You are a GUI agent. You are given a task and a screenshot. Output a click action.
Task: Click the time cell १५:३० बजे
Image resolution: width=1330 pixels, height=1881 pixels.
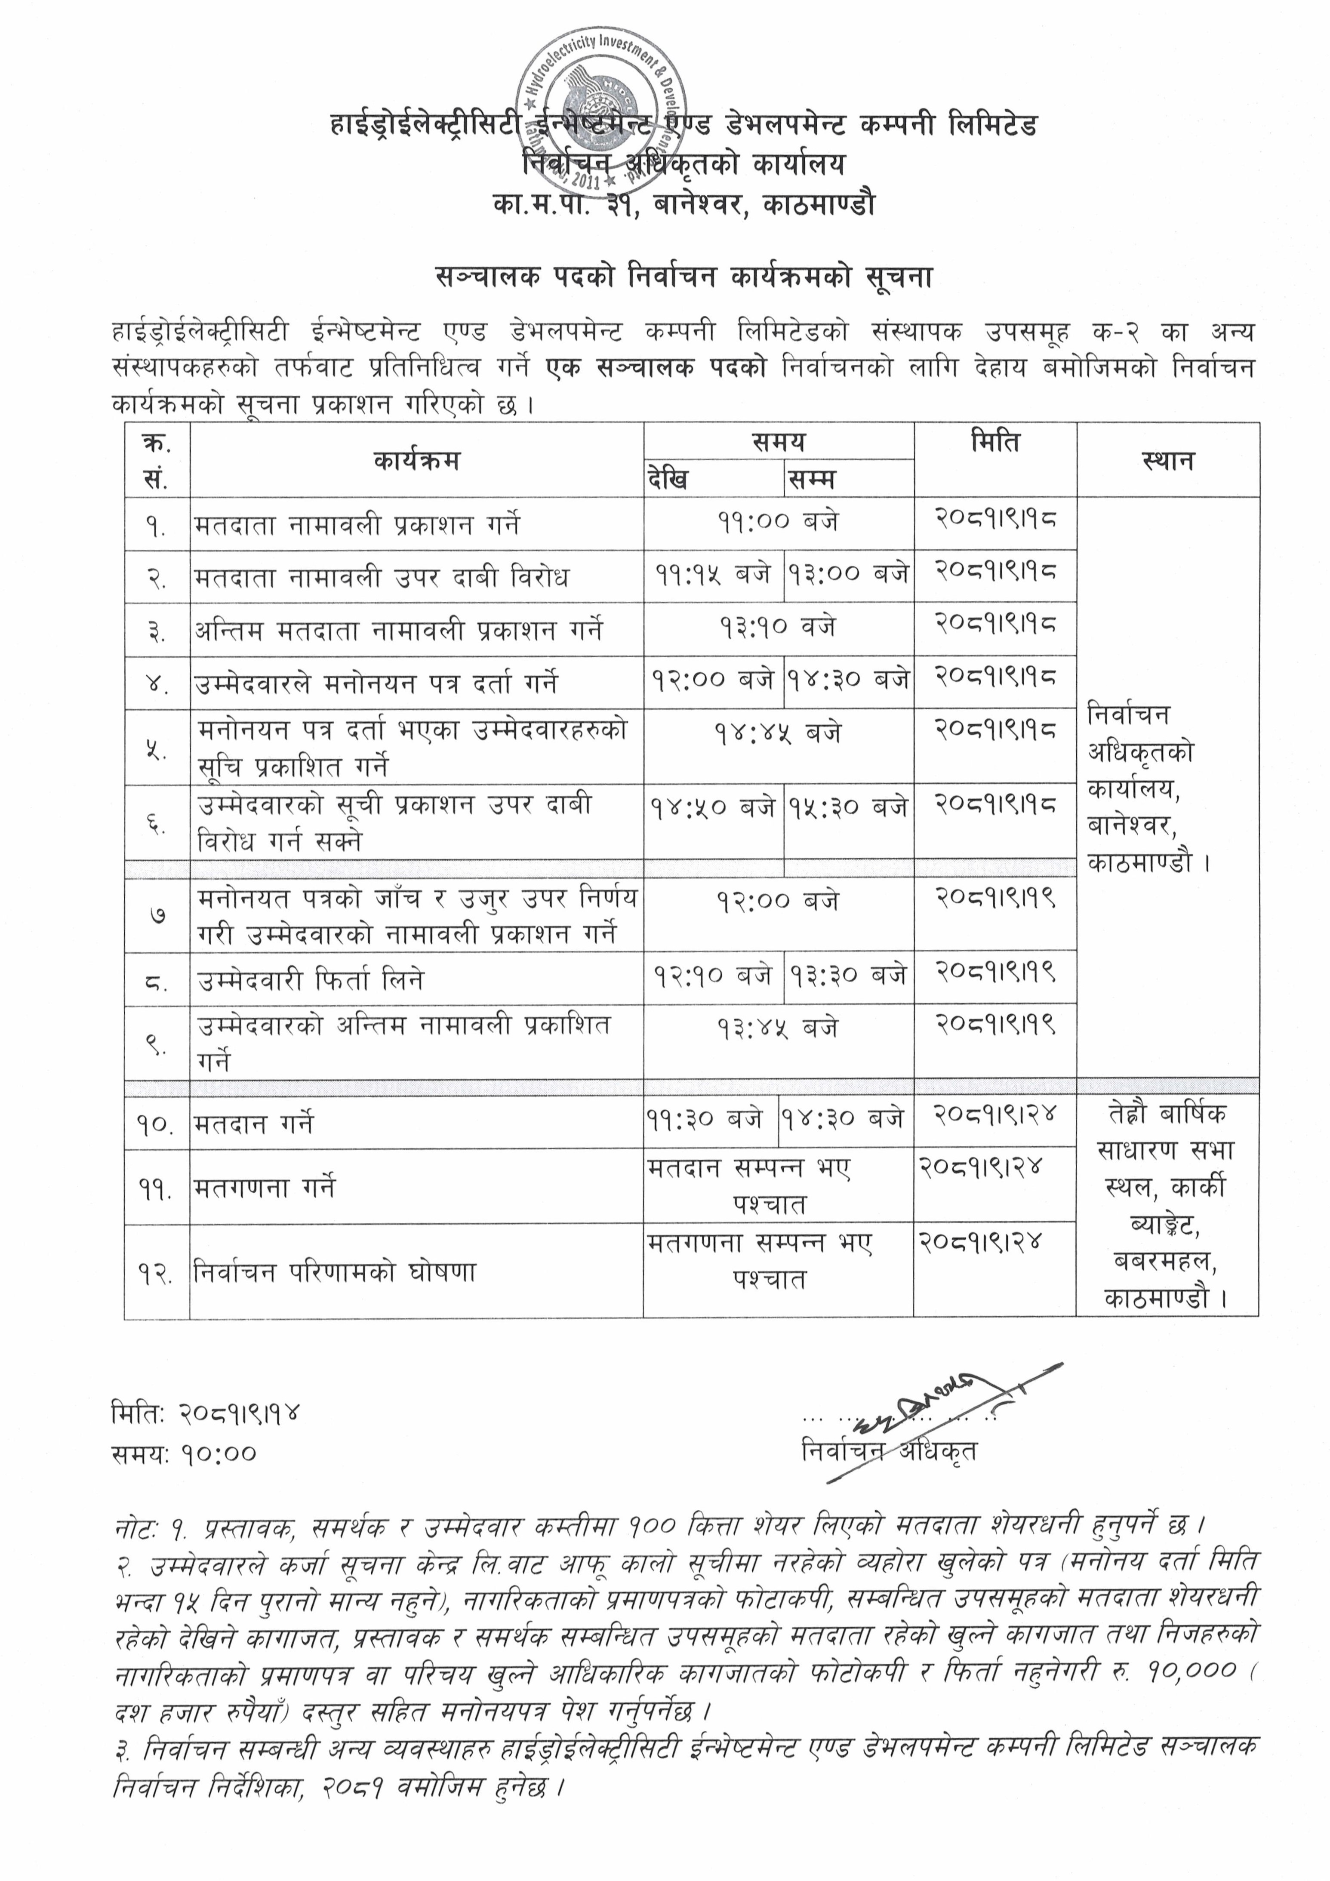point(848,807)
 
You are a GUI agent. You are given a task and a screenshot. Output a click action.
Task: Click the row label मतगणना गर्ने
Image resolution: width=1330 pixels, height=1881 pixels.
point(265,1188)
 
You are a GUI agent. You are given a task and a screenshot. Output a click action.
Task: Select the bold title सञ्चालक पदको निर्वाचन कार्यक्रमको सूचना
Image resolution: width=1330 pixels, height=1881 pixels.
point(684,279)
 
